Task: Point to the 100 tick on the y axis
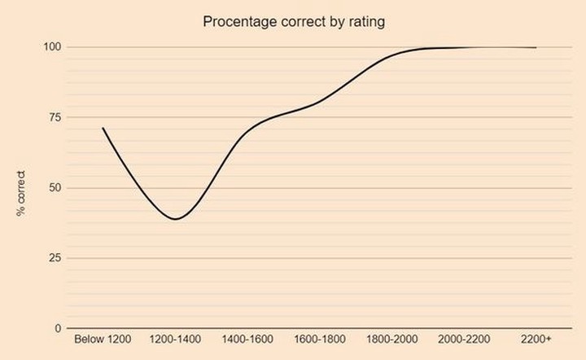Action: click(x=52, y=47)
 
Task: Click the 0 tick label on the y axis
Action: click(x=58, y=328)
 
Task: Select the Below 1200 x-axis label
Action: click(x=103, y=339)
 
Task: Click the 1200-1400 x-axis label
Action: click(x=176, y=339)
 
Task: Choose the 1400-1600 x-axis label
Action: click(x=247, y=339)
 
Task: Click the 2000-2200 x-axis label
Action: click(x=464, y=339)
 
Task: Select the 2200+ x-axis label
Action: click(x=536, y=339)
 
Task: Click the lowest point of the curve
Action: click(x=175, y=219)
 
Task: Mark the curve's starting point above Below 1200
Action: click(x=103, y=128)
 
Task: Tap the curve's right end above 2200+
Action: click(x=536, y=47)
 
